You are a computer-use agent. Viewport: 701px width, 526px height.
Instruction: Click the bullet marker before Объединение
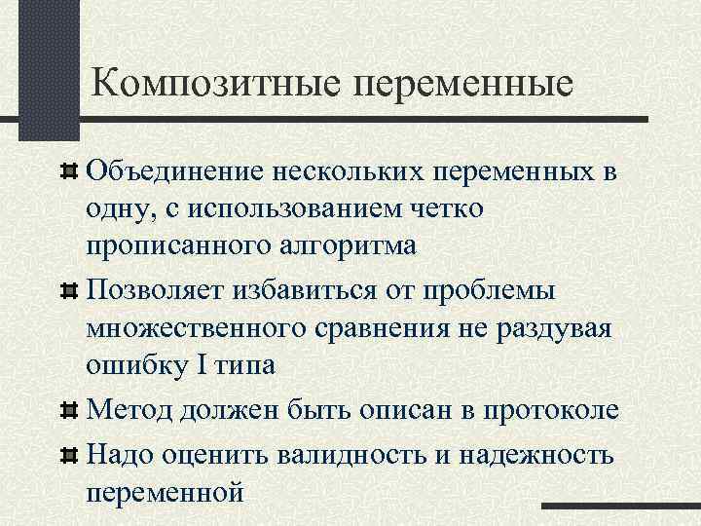(x=68, y=172)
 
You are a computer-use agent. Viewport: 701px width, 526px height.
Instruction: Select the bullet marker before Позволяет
(x=68, y=289)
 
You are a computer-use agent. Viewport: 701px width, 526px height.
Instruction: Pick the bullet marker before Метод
(x=68, y=408)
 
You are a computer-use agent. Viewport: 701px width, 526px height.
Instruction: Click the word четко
(x=465, y=208)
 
